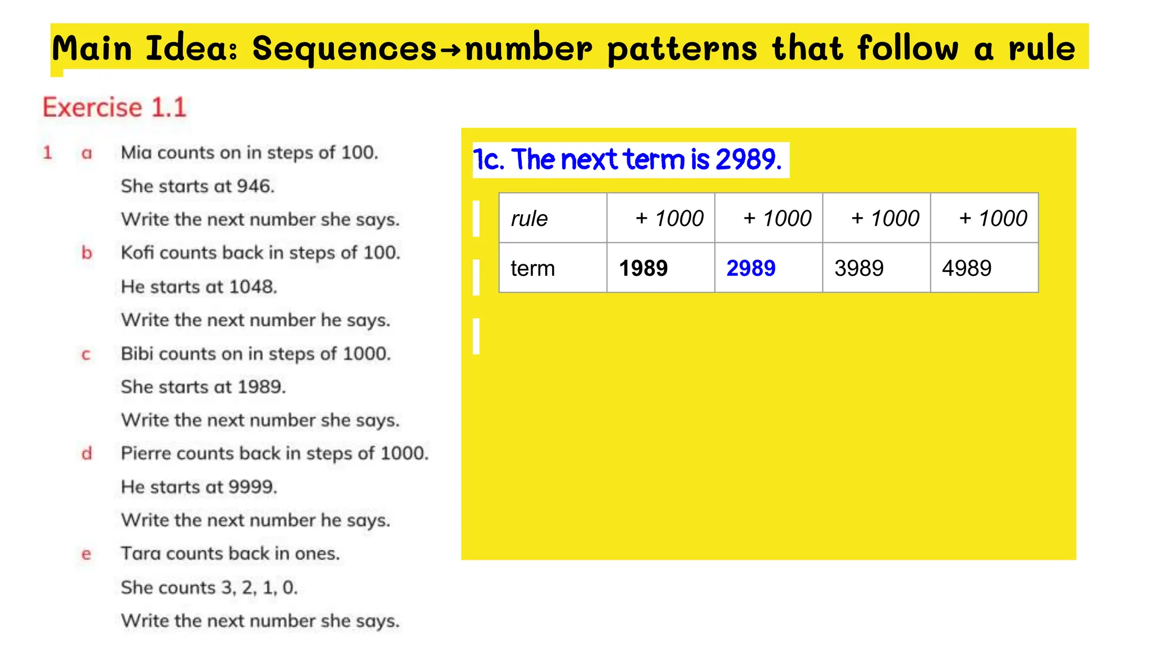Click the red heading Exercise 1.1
114,107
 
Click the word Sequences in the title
344,49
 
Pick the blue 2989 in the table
751,268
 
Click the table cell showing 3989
859,268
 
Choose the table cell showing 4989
967,268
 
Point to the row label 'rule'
529,218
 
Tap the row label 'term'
532,268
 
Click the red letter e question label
86,554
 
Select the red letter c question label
86,354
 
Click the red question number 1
48,153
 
